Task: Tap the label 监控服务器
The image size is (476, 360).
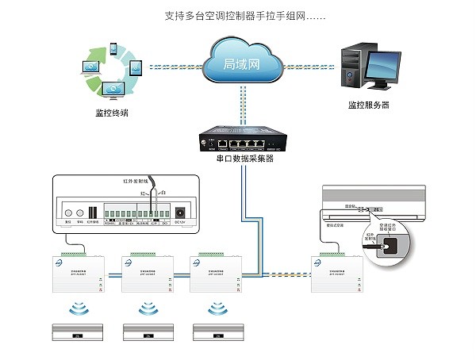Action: click(368, 105)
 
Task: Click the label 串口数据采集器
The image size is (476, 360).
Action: click(244, 159)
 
